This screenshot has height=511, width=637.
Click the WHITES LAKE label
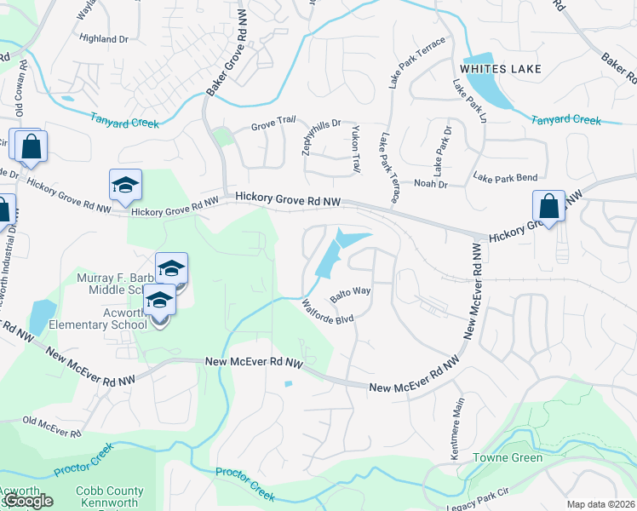(x=496, y=67)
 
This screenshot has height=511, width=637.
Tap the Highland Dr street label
(x=103, y=38)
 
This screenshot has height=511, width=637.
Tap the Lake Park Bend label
(x=505, y=177)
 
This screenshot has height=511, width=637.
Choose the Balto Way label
(x=351, y=291)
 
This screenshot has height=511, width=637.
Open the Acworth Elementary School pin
(x=159, y=304)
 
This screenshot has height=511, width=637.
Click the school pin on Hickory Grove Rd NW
(x=125, y=186)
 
